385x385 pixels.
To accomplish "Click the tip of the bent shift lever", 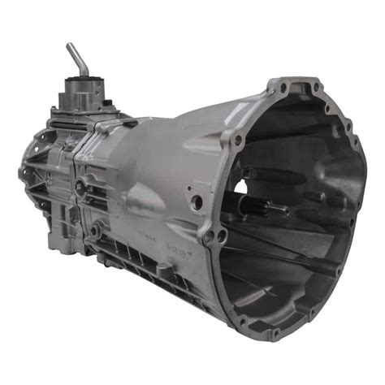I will coord(71,46).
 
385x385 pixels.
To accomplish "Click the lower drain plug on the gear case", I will coord(96,231).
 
